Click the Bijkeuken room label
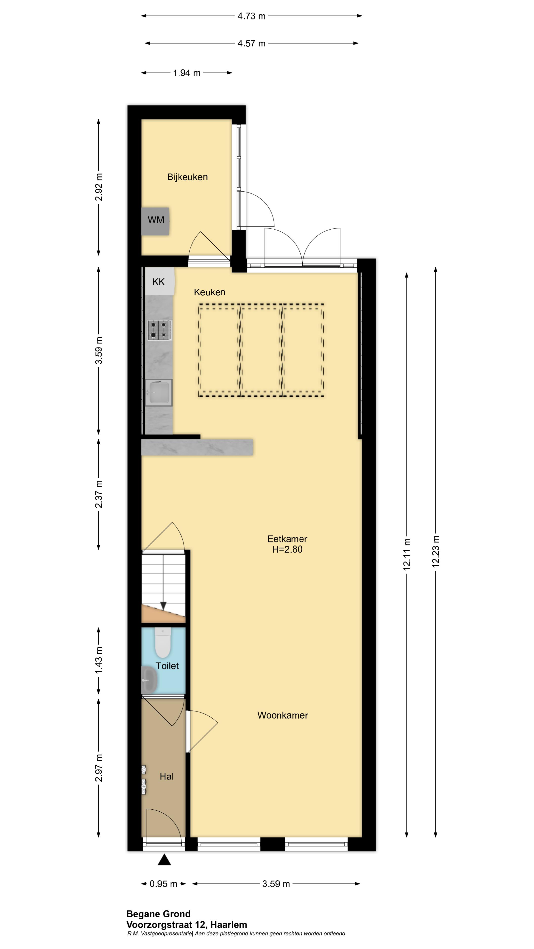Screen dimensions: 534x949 pos(187,177)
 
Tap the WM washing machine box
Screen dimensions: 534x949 pos(156,221)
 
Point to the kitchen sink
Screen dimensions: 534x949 pos(158,393)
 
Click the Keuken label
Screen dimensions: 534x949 pos(209,292)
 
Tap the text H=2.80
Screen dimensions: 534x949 pos(287,549)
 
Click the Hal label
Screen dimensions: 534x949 pos(166,776)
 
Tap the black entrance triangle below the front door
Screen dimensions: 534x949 pos(164,860)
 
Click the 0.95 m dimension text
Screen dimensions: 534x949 pos(163,884)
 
